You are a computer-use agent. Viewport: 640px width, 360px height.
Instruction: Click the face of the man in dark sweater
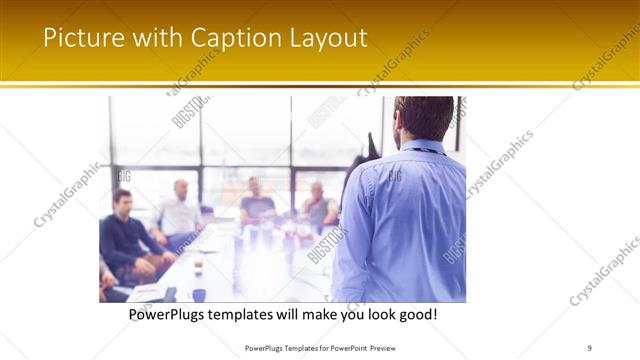(122, 200)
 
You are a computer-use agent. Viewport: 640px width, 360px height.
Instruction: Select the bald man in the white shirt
(180, 210)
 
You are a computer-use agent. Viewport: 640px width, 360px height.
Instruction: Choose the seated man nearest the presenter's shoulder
(319, 205)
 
